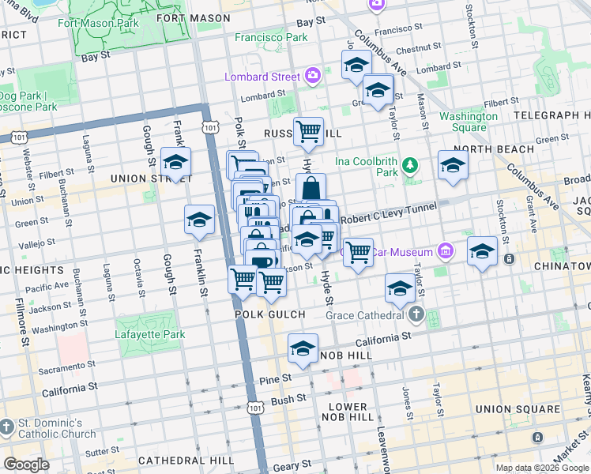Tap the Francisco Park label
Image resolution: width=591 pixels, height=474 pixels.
coord(270,37)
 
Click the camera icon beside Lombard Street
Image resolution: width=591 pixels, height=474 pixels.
coord(314,77)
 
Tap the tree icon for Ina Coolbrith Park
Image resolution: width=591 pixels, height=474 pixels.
coord(409,165)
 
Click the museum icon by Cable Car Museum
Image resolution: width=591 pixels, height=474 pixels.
coord(445,252)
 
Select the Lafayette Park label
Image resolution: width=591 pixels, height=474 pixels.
coord(150,334)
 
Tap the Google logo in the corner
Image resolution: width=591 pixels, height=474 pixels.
coord(26,465)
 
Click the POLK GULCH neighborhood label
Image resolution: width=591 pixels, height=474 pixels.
coord(270,314)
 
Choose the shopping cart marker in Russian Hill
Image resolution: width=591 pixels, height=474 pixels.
coord(308,132)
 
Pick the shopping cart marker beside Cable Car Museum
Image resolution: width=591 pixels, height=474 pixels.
coord(358,253)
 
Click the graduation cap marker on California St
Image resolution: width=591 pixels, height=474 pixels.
coord(303,348)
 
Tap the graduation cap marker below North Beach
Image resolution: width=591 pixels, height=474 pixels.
coord(453,165)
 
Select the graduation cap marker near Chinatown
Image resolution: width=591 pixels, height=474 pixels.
coord(482,251)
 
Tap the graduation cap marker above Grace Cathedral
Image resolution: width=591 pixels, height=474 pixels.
coord(401,288)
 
